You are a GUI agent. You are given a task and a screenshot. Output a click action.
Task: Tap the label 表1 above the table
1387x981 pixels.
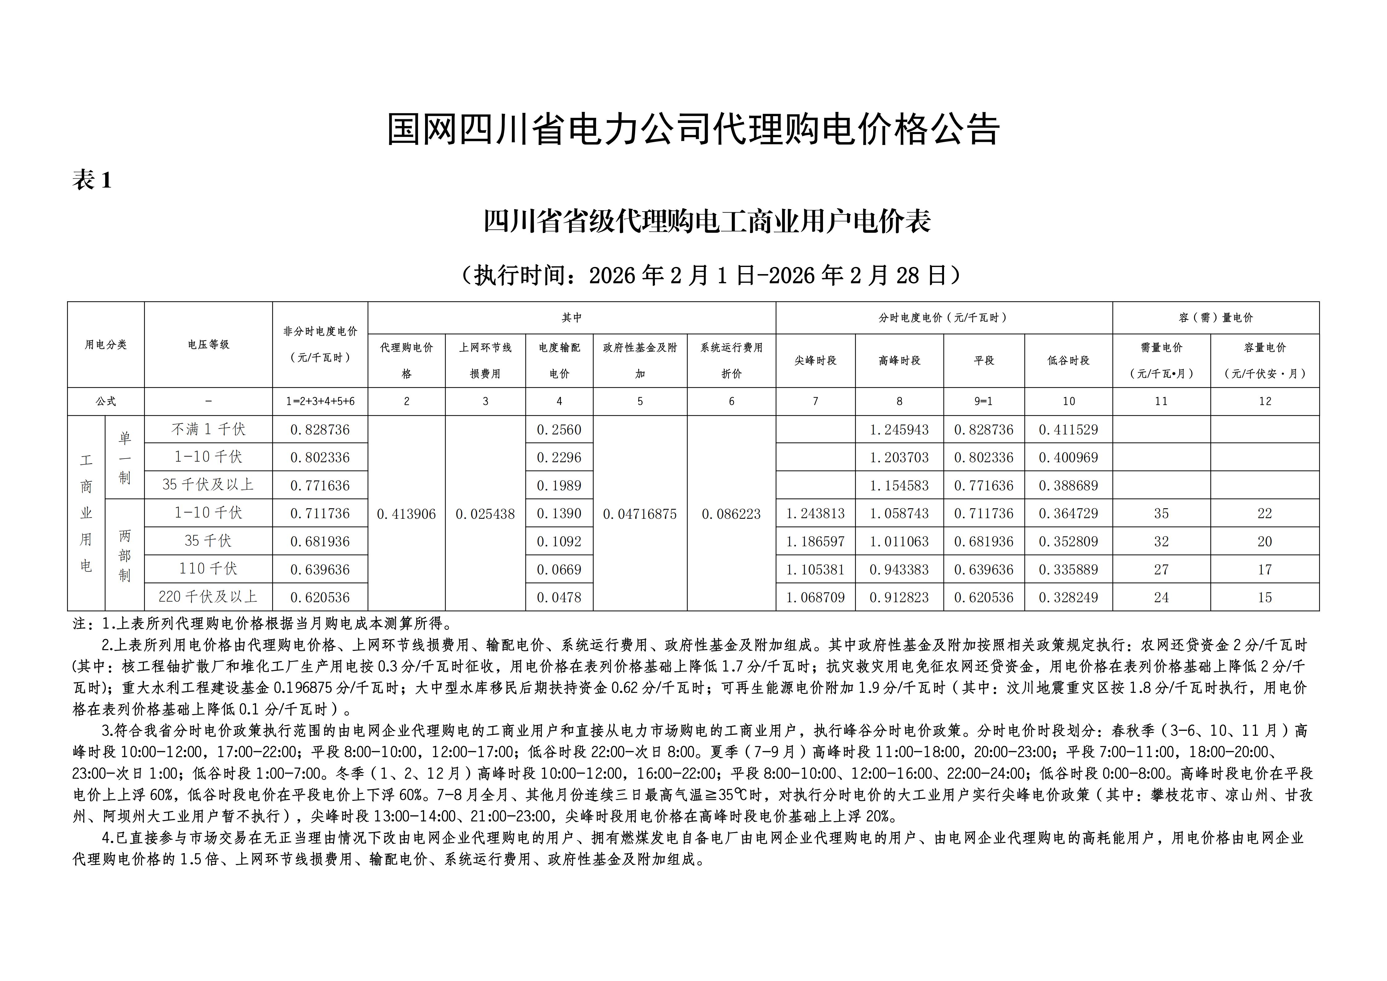92,180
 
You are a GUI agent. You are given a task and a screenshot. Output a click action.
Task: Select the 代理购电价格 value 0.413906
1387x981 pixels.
406,514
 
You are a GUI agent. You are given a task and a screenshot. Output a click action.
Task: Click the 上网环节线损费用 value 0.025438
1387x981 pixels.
485,514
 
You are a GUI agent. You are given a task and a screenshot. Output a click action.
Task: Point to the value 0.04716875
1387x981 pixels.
640,514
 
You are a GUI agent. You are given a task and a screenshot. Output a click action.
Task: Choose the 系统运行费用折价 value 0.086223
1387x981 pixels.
731,514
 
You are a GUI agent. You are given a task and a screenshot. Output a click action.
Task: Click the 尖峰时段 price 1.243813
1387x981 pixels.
815,514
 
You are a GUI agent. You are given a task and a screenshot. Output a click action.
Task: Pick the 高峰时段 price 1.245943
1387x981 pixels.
899,429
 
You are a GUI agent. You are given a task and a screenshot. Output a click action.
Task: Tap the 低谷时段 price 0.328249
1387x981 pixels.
1068,598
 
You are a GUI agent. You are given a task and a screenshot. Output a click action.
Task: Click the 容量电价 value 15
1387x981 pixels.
1264,598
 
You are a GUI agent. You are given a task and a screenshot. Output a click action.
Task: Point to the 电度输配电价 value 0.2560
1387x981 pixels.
559,429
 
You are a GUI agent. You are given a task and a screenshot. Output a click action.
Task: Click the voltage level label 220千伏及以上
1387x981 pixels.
208,597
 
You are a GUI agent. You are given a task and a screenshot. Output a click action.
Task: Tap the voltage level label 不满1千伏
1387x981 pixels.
208,429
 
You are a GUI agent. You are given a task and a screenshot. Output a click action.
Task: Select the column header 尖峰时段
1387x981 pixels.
815,361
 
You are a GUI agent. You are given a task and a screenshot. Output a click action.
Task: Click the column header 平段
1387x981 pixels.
984,361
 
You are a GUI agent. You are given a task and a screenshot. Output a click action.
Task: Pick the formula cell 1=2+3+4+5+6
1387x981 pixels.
320,401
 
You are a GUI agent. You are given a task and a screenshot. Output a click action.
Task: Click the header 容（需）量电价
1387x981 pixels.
1216,318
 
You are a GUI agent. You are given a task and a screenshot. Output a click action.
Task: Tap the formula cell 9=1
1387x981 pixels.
984,401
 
